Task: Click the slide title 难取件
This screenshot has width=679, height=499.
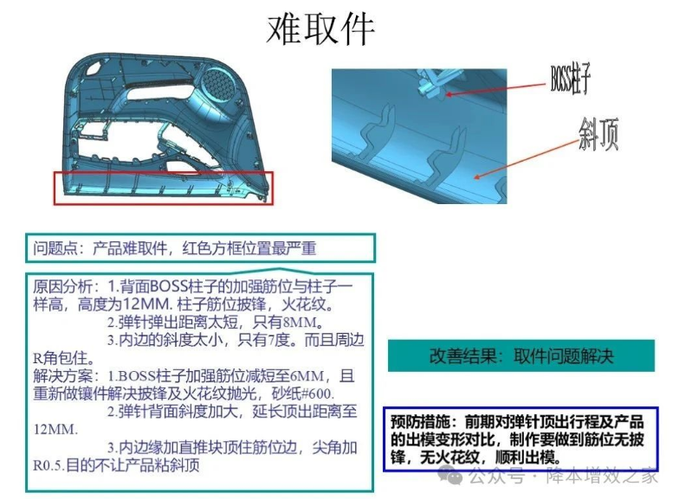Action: [x=320, y=29]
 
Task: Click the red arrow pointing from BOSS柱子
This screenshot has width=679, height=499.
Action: [x=496, y=88]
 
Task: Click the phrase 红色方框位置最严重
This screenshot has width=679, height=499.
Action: [x=249, y=248]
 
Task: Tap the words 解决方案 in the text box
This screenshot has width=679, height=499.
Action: [x=62, y=376]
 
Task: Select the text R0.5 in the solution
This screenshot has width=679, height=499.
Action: [x=48, y=465]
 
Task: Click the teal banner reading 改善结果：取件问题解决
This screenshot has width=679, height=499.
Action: [x=521, y=356]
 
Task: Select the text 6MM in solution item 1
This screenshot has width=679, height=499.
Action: [x=307, y=376]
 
